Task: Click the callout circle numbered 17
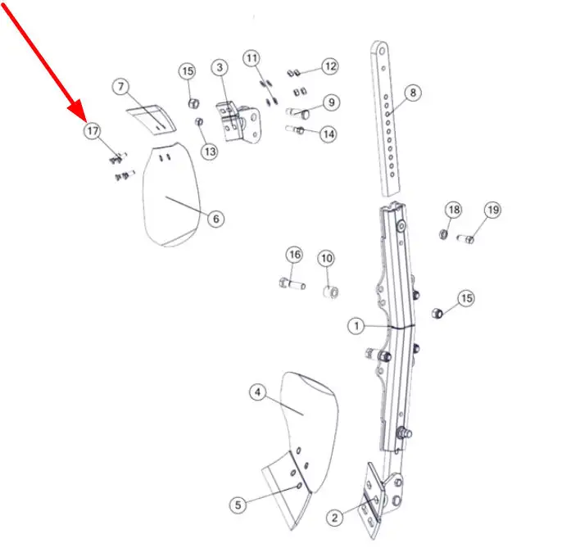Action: point(92,131)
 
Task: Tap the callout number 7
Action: point(121,87)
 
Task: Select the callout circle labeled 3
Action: point(220,67)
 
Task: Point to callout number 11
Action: point(251,58)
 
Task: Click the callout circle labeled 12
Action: point(330,66)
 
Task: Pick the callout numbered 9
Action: point(332,102)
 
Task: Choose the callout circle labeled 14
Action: point(329,134)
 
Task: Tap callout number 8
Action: point(413,93)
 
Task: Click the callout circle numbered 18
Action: point(454,210)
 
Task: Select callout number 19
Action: point(493,210)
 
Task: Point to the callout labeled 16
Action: point(294,255)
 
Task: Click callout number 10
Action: point(327,258)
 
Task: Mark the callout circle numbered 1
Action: point(356,326)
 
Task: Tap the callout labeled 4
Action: point(258,392)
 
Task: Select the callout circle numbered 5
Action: point(238,505)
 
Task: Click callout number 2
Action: point(334,518)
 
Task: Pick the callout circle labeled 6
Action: point(216,219)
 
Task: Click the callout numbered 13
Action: point(210,152)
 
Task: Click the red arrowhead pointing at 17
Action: point(78,111)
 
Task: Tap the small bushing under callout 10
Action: point(331,292)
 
